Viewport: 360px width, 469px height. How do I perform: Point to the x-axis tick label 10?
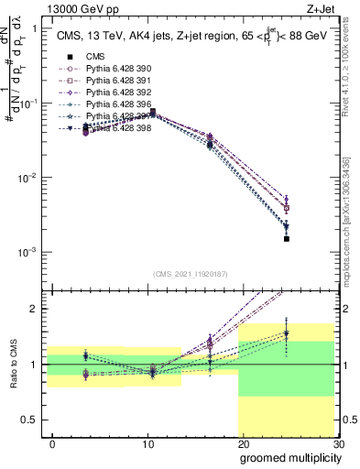click(x=147, y=443)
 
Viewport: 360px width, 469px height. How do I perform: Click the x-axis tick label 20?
click(x=243, y=443)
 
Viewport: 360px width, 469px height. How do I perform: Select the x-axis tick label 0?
click(x=52, y=443)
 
